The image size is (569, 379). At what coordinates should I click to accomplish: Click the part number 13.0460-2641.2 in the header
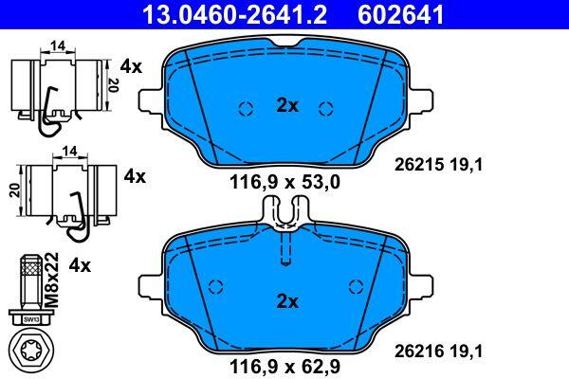coord(235,14)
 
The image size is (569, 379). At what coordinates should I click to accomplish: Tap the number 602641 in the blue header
coord(400,14)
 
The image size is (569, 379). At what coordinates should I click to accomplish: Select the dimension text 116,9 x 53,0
coord(284,182)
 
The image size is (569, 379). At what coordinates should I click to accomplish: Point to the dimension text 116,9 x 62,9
coord(284,367)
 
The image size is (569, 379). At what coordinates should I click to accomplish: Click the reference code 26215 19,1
coord(438,166)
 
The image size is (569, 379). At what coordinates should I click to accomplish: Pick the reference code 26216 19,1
coord(438,352)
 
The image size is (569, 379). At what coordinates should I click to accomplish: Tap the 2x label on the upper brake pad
coord(287,105)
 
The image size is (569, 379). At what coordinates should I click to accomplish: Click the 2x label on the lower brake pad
coord(287,301)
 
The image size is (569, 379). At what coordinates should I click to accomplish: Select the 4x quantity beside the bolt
coord(80,266)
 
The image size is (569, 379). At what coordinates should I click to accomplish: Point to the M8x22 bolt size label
coord(51,280)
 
